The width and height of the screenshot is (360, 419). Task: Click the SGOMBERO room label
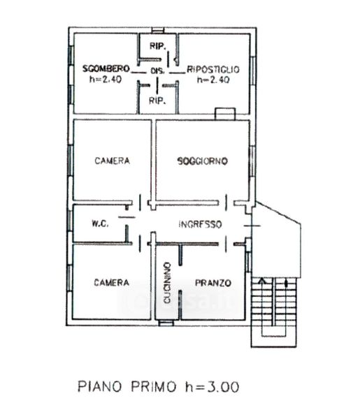(x=106, y=69)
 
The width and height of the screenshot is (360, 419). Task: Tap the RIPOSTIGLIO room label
(x=213, y=69)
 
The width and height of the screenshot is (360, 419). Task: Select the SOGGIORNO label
(x=203, y=161)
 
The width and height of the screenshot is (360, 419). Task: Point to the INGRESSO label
(x=201, y=224)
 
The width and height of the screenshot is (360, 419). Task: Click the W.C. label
(x=100, y=223)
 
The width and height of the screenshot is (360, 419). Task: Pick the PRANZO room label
(x=213, y=283)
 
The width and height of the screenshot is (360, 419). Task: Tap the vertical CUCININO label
(x=167, y=283)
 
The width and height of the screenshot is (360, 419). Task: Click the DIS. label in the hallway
(x=157, y=71)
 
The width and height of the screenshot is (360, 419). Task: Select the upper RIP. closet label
(x=157, y=46)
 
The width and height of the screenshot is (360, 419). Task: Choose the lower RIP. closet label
(x=157, y=101)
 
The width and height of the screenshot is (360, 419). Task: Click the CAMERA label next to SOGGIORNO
(x=113, y=161)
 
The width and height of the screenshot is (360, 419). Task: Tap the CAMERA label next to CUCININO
(x=112, y=282)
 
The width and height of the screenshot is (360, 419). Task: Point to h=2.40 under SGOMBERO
(x=106, y=80)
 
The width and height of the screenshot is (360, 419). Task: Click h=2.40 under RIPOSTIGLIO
(x=213, y=80)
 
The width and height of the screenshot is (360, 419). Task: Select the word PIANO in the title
(x=99, y=387)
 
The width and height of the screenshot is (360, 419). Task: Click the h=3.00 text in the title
(x=213, y=387)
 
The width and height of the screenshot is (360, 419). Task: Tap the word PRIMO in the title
(x=154, y=387)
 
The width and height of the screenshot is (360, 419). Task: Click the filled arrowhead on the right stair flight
(x=287, y=283)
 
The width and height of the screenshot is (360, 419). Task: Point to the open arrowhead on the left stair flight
(x=262, y=281)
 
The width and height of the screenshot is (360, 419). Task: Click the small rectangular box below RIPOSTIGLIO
(x=225, y=114)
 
